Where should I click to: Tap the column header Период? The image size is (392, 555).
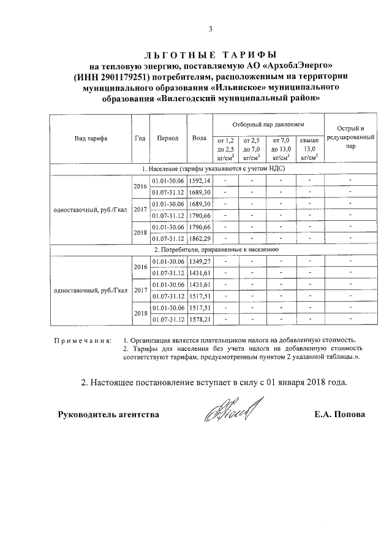coord(167,138)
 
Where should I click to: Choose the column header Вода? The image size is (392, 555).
coord(199,138)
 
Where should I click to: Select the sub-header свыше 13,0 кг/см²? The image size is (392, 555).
coord(309,149)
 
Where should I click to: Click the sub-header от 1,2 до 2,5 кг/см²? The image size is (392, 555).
coord(225,149)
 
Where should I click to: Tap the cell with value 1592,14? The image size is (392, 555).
coord(199,180)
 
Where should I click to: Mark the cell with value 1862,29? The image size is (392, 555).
coord(199,238)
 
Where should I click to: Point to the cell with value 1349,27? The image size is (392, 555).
coord(199,261)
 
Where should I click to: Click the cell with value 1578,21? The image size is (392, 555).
coord(199,320)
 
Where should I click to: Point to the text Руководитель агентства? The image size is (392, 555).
coord(108,415)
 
